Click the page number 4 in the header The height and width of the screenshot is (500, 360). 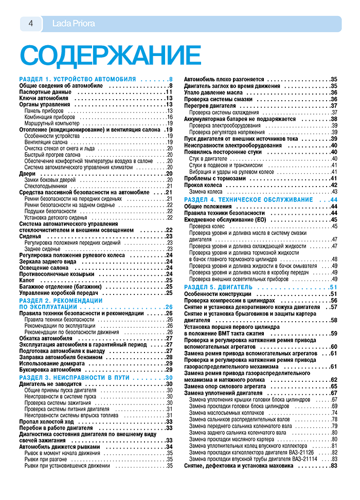pyautogui.click(x=30, y=24)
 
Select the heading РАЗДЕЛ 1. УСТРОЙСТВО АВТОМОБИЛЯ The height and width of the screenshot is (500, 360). pyautogui.click(x=78, y=80)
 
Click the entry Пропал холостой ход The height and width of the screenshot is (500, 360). pyautogui.click(x=48, y=421)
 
